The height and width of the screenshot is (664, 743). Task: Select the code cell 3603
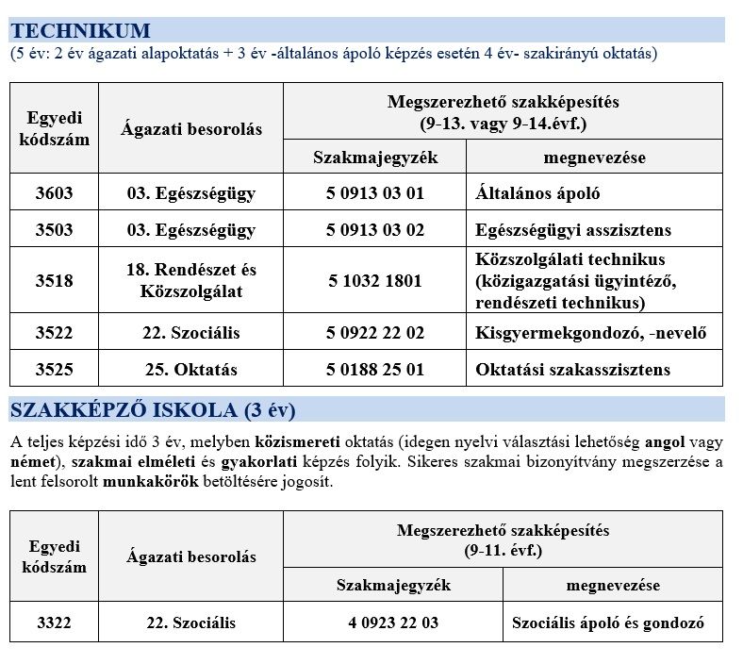click(54, 194)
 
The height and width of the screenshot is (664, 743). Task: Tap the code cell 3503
click(54, 230)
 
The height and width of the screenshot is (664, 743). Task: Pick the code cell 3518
click(54, 280)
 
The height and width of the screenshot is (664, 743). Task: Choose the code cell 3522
click(54, 333)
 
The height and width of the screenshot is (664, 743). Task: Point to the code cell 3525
click(54, 369)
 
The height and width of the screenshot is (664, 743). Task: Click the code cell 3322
click(54, 623)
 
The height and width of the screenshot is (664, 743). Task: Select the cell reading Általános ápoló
click(538, 194)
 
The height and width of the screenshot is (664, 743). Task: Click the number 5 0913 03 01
click(375, 194)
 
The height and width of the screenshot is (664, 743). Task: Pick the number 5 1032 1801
click(375, 280)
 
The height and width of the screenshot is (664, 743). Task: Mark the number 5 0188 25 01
click(375, 369)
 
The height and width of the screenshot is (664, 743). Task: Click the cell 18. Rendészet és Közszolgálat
click(191, 280)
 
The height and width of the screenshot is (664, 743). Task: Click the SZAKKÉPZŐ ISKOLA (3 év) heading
click(152, 410)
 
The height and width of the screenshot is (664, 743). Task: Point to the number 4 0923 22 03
click(393, 623)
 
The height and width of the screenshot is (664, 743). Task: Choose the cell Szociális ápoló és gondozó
click(612, 623)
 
